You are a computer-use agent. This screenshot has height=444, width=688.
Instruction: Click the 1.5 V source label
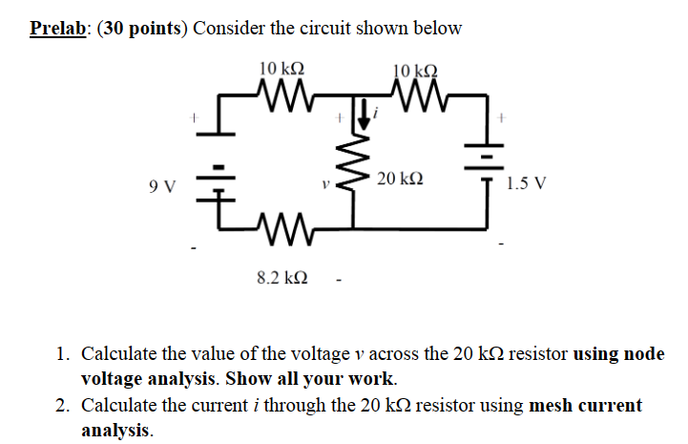527,183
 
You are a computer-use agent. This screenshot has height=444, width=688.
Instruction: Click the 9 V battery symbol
220,181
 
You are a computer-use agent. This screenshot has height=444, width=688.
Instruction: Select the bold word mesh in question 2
550,406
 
